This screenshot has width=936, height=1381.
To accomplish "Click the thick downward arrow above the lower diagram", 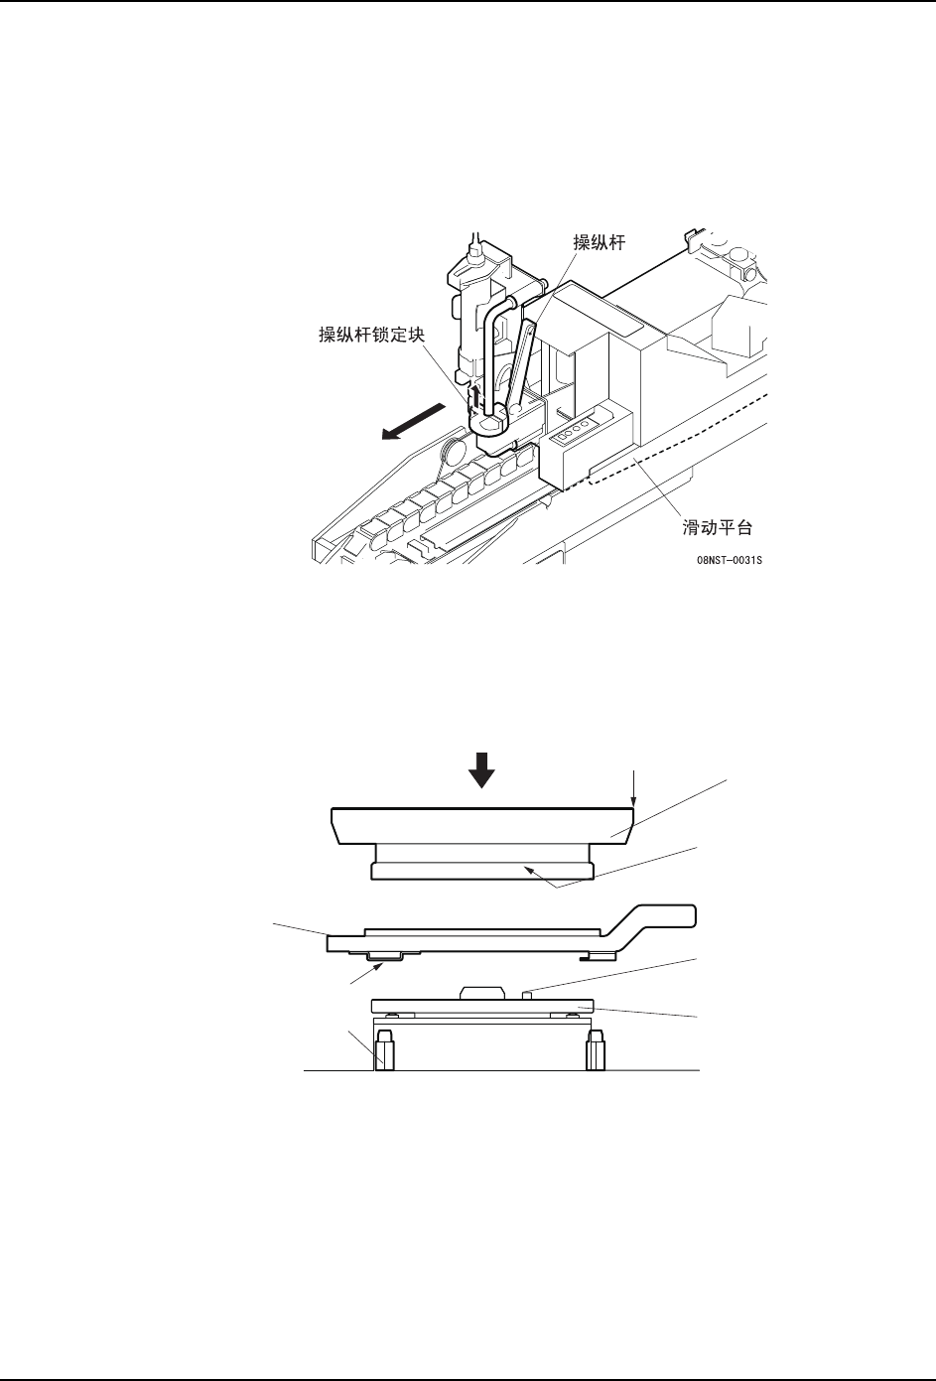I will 481,769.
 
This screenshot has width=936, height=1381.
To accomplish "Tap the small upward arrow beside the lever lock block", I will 475,396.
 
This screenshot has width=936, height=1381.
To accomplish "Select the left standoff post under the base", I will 385,1051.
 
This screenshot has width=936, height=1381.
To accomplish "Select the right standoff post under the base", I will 596,1051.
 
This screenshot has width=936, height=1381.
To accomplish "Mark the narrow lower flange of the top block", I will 482,871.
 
